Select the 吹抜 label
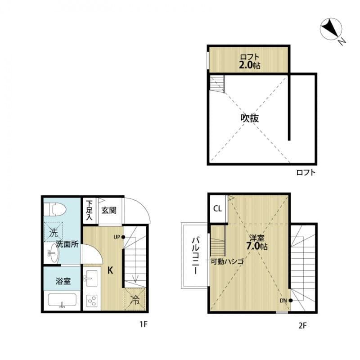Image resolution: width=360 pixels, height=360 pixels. tap(249, 119)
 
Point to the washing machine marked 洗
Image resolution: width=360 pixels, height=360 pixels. tap(54, 233)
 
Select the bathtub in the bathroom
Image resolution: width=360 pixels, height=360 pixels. tap(62, 301)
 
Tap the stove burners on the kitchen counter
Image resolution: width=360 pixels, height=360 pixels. tap(92, 300)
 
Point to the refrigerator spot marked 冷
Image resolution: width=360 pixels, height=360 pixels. tap(135, 299)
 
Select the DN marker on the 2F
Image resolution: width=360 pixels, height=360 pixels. tap(286, 300)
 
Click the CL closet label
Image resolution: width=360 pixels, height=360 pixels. tap(217, 209)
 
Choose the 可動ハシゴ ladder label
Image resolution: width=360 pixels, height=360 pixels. tap(227, 261)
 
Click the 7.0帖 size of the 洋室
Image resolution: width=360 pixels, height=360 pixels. tap(257, 247)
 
